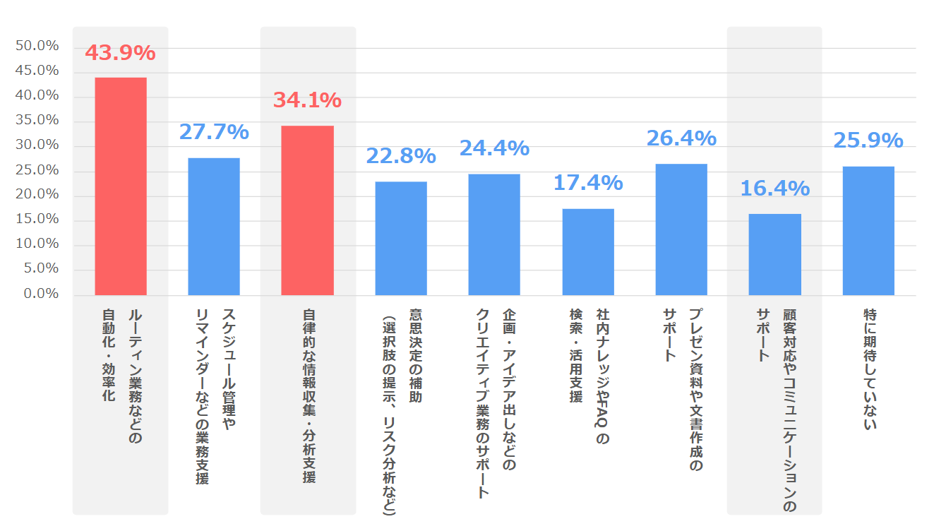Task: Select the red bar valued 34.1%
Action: point(307,210)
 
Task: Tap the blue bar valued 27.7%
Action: point(214,226)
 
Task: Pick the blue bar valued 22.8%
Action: point(401,238)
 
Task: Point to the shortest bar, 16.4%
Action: point(774,254)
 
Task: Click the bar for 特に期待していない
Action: point(868,230)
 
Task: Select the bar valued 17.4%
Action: point(588,251)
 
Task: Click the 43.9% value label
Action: point(120,53)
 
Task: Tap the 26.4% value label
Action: point(681,138)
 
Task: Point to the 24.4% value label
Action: point(494,148)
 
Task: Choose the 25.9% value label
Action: point(868,141)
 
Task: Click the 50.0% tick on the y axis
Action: point(37,46)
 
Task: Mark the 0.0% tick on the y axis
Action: point(40,294)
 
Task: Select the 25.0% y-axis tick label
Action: point(37,170)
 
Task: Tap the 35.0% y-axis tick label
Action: point(37,120)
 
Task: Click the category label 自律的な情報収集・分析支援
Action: point(309,395)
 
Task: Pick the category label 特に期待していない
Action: point(870,369)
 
